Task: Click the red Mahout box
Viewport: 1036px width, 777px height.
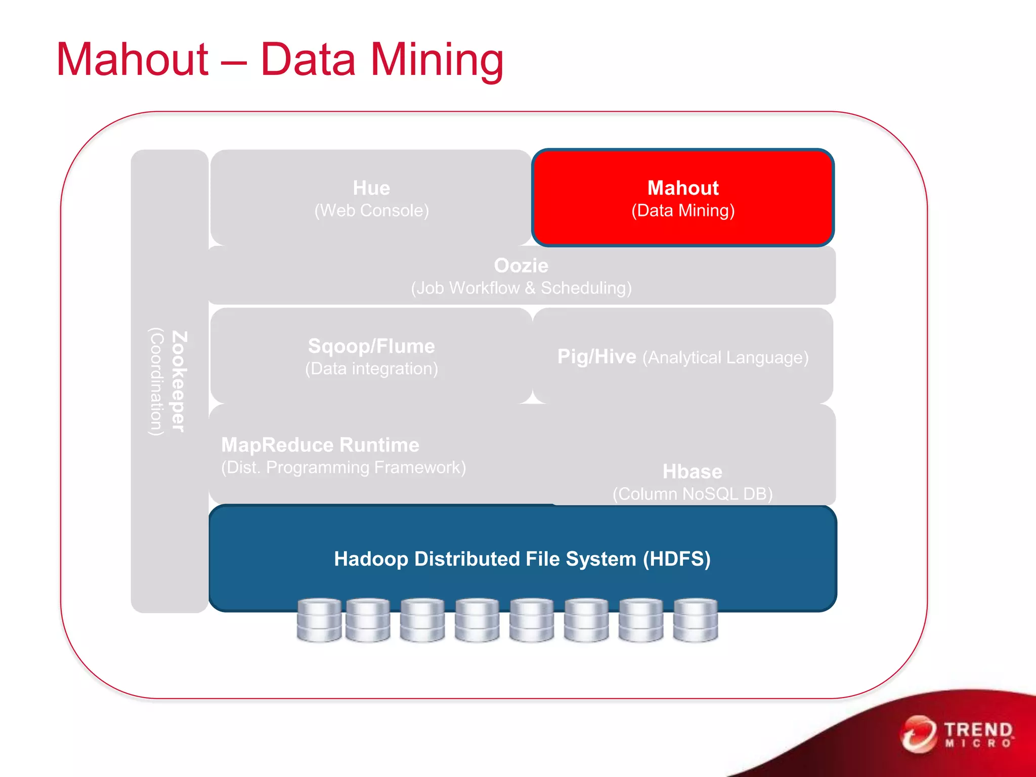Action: [x=682, y=198]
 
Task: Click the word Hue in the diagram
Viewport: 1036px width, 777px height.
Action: [x=371, y=188]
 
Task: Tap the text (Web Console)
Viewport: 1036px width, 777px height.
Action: [x=371, y=210]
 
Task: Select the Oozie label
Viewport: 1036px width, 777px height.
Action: [x=521, y=266]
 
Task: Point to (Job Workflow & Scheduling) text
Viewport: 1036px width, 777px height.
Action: [x=521, y=288]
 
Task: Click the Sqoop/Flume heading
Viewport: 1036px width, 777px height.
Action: [x=371, y=346]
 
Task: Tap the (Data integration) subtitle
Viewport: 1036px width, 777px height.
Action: [x=371, y=368]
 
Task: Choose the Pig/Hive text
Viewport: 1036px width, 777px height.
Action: [x=596, y=357]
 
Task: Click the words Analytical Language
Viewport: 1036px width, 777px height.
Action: [x=725, y=358]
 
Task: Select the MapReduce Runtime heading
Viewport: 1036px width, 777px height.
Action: [x=320, y=445]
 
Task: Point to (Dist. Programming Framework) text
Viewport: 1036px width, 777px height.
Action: [x=343, y=467]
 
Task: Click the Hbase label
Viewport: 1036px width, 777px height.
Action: [x=692, y=471]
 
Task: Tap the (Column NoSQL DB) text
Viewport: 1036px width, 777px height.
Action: [x=692, y=494]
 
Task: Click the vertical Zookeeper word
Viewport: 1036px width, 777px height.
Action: [x=179, y=381]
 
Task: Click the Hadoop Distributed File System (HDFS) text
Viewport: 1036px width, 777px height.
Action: [x=522, y=559]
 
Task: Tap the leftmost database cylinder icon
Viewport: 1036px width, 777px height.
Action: [x=319, y=620]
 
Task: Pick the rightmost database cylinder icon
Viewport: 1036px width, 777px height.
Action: [x=696, y=620]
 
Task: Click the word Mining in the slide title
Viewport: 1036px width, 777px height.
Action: [x=437, y=60]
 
